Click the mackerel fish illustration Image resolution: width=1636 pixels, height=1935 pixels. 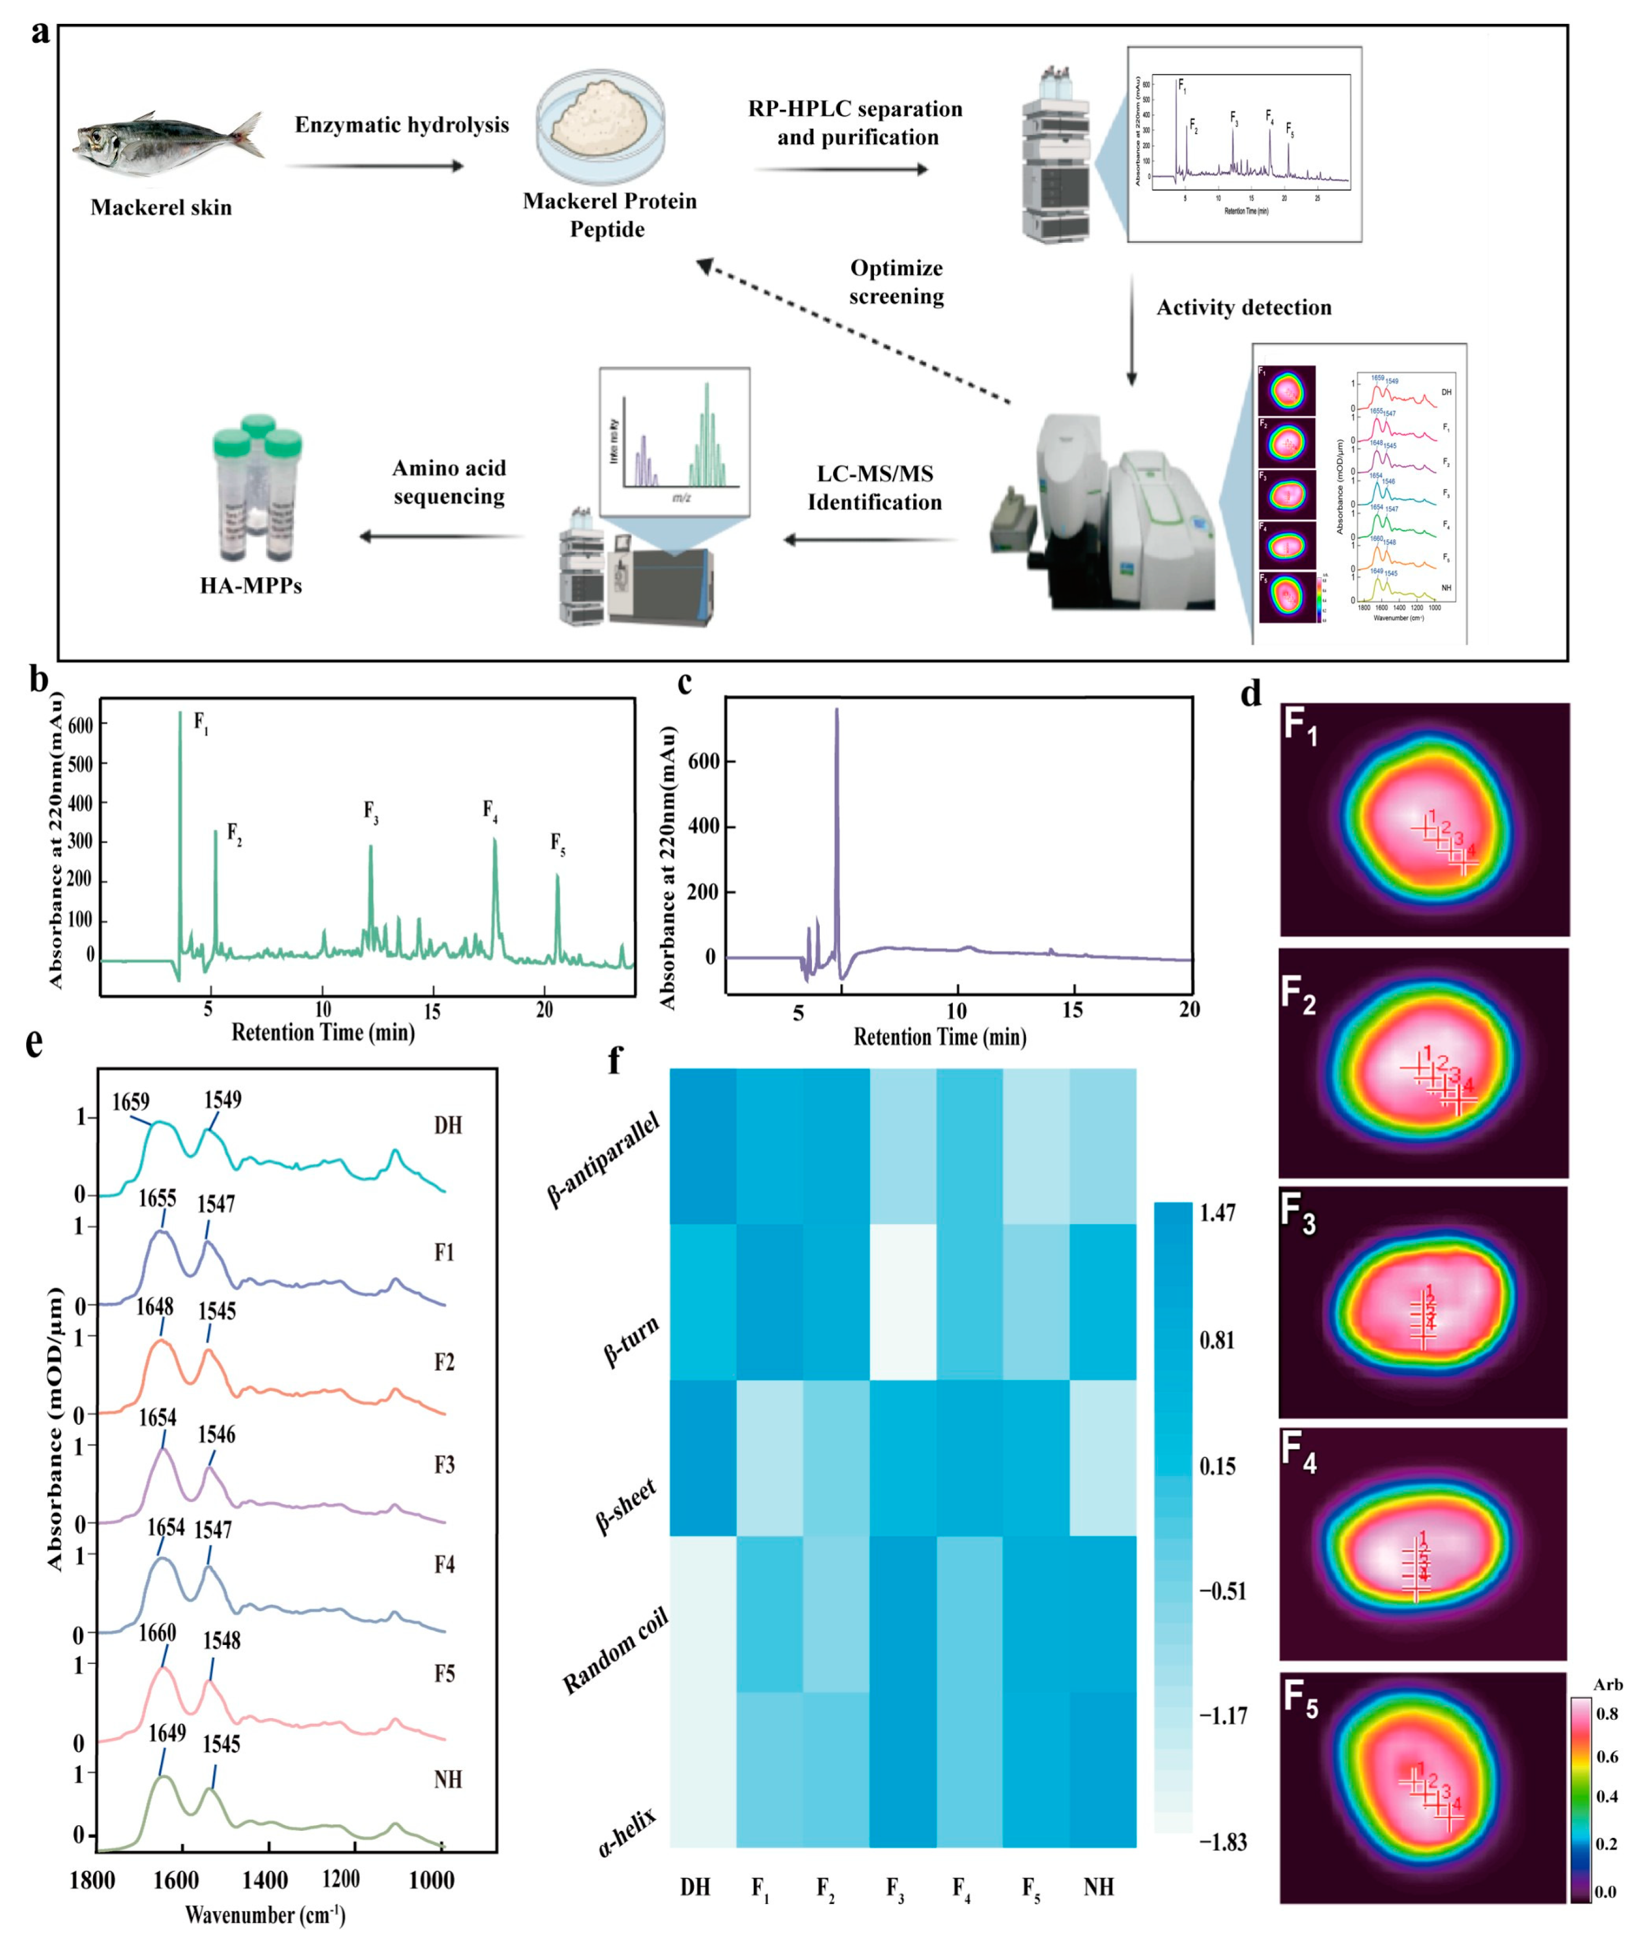[x=167, y=144]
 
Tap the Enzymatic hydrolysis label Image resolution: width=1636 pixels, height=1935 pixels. [x=402, y=125]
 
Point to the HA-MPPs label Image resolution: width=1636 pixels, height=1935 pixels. [x=250, y=585]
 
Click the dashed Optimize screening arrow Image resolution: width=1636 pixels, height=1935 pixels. [x=853, y=334]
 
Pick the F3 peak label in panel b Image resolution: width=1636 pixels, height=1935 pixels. [x=370, y=813]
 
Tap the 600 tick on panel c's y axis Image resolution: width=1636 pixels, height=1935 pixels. [x=704, y=762]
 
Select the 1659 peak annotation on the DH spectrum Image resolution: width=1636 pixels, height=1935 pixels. [x=131, y=1101]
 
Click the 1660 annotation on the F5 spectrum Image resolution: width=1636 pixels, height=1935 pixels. [x=157, y=1633]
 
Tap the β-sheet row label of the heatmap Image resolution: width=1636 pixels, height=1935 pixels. [x=627, y=1508]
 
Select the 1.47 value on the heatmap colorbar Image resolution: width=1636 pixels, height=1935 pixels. [x=1217, y=1213]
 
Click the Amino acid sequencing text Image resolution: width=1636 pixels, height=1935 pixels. [x=449, y=482]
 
